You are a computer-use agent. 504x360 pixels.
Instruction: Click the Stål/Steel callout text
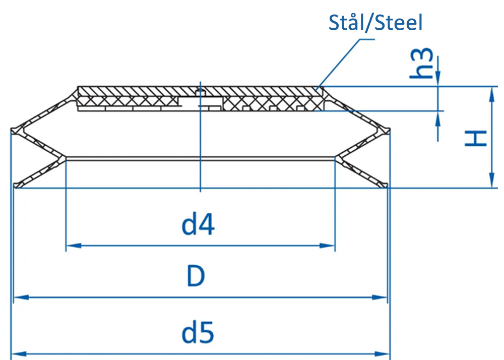pyautogui.click(x=375, y=23)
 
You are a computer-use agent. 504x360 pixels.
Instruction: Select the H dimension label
pyautogui.click(x=476, y=138)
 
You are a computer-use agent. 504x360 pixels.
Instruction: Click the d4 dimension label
pyautogui.click(x=198, y=225)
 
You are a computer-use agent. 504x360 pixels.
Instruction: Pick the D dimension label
pyautogui.click(x=196, y=276)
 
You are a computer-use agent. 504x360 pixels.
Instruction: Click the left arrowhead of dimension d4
pyautogui.click(x=73, y=246)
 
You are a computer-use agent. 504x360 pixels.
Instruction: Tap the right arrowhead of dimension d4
pyautogui.click(x=327, y=246)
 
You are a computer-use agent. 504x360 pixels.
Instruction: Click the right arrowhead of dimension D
pyautogui.click(x=380, y=297)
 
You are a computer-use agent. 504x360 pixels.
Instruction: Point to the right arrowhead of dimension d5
pyautogui.click(x=382, y=354)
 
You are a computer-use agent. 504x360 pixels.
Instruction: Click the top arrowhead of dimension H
pyautogui.click(x=491, y=94)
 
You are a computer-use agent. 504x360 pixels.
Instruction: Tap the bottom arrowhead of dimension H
pyautogui.click(x=491, y=180)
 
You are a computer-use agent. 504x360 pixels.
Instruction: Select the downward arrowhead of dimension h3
pyautogui.click(x=437, y=79)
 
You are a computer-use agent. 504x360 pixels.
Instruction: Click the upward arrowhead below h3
pyautogui.click(x=437, y=118)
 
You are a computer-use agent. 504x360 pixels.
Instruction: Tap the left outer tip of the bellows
pyautogui.click(x=12, y=130)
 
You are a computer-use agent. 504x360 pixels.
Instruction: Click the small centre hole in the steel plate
pyautogui.click(x=200, y=93)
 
